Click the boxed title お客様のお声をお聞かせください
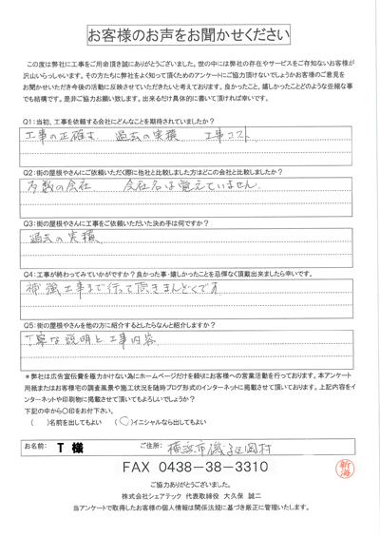pyautogui.click(x=190, y=36)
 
